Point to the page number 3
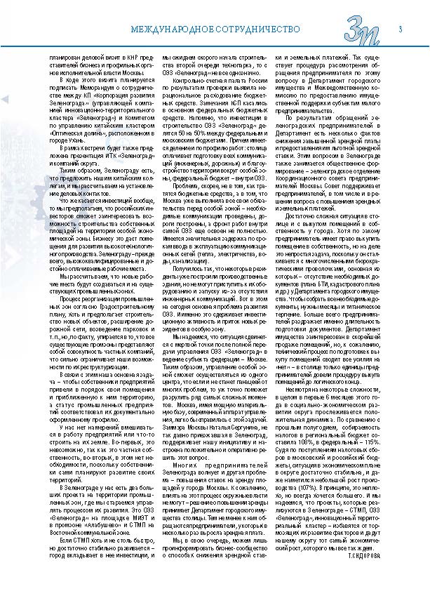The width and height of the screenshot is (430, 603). (x=400, y=29)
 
